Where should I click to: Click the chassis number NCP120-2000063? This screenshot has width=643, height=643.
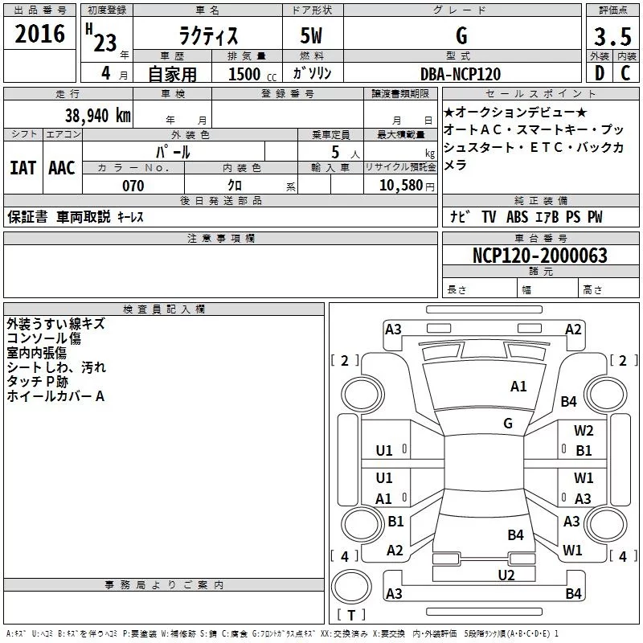(x=539, y=256)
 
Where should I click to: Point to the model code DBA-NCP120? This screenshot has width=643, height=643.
(x=461, y=74)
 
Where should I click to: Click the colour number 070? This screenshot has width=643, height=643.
(x=133, y=186)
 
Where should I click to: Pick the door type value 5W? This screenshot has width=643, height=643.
(x=313, y=36)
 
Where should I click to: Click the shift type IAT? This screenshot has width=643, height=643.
(x=23, y=167)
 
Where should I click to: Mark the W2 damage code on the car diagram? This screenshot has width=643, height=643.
(x=584, y=431)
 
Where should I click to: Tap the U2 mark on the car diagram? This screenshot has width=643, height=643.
(x=506, y=574)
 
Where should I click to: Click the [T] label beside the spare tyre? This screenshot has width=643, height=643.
(x=350, y=616)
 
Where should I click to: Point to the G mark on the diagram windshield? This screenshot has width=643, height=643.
(x=507, y=423)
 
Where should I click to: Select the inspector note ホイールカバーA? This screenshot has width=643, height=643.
(x=55, y=396)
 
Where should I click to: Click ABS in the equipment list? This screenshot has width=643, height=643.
(x=518, y=217)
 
